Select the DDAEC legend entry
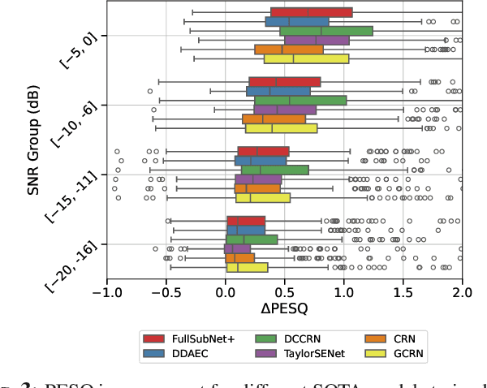pos(179,355)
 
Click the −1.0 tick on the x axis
pos(106,290)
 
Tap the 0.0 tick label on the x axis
pos(226,290)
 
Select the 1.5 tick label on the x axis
pos(403,290)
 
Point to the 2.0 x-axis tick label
pos(462,290)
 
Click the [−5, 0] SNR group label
pos(81,51)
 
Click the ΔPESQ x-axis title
pos(284,308)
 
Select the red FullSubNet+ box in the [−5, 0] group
pos(311,12)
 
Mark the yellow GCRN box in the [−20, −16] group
pos(247,267)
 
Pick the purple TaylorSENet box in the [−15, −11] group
pos(258,179)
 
